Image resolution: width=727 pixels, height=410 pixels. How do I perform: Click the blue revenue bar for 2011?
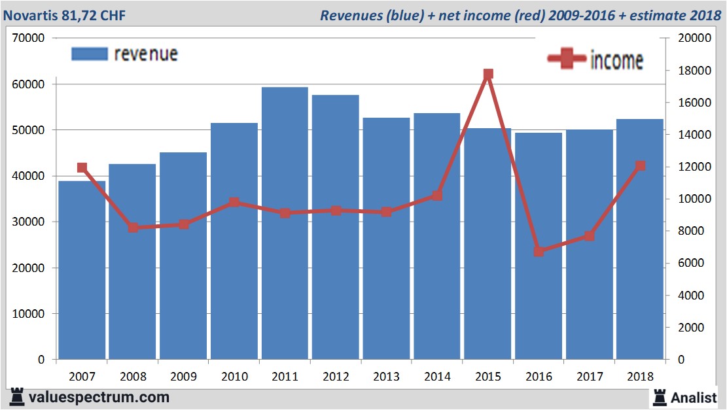[x=285, y=222]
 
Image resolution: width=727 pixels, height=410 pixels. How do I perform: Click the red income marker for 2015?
[x=488, y=75]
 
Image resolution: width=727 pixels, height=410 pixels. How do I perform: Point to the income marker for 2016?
[x=539, y=251]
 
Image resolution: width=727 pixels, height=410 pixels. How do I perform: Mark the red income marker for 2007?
[x=82, y=168]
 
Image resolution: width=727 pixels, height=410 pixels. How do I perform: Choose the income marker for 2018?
[x=641, y=165]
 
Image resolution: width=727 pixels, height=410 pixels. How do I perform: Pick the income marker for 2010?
[x=234, y=203]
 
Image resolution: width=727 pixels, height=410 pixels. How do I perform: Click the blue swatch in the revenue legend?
[x=89, y=54]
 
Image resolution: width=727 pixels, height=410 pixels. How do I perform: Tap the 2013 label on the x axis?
[x=386, y=377]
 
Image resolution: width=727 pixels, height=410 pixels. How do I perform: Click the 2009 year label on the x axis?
[x=183, y=377]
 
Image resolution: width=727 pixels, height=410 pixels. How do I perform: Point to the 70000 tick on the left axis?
[x=28, y=38]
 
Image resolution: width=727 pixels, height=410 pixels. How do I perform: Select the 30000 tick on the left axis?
[x=28, y=222]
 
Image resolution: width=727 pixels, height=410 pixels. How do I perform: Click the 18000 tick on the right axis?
[x=694, y=71]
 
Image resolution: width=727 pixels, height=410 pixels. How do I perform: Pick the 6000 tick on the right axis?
[x=691, y=263]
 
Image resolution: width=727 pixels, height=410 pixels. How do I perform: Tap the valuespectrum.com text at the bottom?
[x=99, y=397]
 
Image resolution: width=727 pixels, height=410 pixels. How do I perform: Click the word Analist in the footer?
[x=694, y=397]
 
